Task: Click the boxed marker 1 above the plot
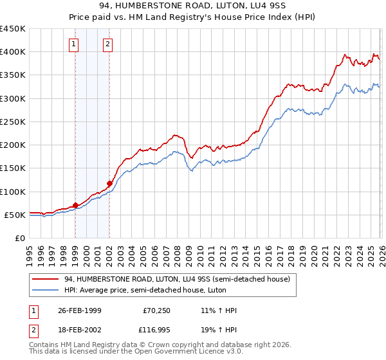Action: [74, 44]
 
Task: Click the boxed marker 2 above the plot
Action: [107, 44]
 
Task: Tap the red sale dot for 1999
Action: [75, 205]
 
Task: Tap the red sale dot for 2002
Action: [109, 183]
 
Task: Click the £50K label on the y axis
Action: [15, 215]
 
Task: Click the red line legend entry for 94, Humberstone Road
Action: [177, 279]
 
